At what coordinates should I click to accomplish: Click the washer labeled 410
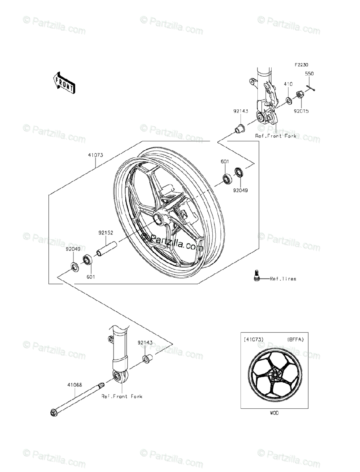click(x=289, y=100)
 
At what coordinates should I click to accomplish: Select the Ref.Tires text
click(x=283, y=279)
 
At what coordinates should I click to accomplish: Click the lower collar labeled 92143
click(x=148, y=359)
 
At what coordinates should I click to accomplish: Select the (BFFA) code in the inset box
click(x=295, y=339)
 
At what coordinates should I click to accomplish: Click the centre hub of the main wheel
click(x=159, y=218)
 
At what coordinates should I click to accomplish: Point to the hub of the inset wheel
click(x=275, y=377)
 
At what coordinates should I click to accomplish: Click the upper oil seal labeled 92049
click(x=239, y=172)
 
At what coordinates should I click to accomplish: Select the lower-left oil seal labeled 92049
click(x=74, y=266)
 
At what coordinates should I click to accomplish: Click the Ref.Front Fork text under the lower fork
click(x=122, y=396)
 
